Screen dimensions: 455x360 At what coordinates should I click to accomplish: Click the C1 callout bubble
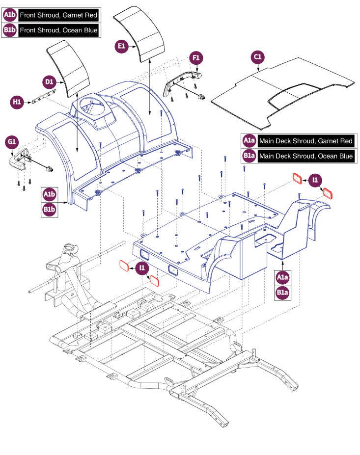[257, 57]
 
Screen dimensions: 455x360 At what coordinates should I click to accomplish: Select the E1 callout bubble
[121, 47]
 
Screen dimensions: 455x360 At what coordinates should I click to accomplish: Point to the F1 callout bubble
[196, 58]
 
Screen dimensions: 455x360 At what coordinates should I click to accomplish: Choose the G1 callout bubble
[11, 142]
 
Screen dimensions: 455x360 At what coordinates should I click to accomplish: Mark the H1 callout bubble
[17, 102]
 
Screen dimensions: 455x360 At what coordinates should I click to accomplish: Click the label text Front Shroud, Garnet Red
[58, 15]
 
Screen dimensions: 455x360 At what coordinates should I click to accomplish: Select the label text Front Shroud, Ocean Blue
[58, 30]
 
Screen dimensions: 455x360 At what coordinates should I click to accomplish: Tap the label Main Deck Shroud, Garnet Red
[305, 141]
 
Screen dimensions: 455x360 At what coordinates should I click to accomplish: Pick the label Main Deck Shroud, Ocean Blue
[305, 156]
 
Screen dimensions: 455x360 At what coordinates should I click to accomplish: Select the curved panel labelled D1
[69, 67]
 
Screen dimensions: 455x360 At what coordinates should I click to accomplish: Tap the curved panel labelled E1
[139, 37]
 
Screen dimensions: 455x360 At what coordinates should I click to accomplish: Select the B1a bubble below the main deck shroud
[282, 293]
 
